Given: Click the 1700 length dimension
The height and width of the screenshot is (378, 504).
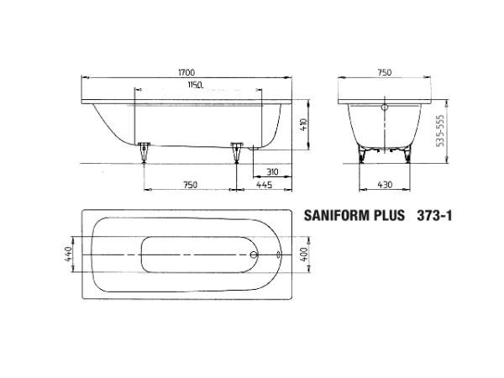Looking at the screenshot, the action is pos(186,72).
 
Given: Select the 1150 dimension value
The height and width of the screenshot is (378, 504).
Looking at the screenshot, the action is pos(196,85).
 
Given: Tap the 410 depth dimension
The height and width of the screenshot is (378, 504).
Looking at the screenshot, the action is pos(304,124).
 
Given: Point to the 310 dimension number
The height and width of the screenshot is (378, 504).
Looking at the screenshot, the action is pos(272,172).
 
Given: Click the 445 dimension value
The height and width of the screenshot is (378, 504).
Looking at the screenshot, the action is pos(265,185).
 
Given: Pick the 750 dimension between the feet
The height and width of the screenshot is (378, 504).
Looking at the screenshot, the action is pos(191,185).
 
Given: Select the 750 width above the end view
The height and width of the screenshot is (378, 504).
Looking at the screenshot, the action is pos(385,72).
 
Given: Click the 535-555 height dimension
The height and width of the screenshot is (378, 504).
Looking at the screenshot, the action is pos(440,131).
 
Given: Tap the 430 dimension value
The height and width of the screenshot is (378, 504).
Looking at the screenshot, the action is pos(385,185).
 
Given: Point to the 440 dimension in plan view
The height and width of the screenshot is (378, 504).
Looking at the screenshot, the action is pos(69,254).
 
